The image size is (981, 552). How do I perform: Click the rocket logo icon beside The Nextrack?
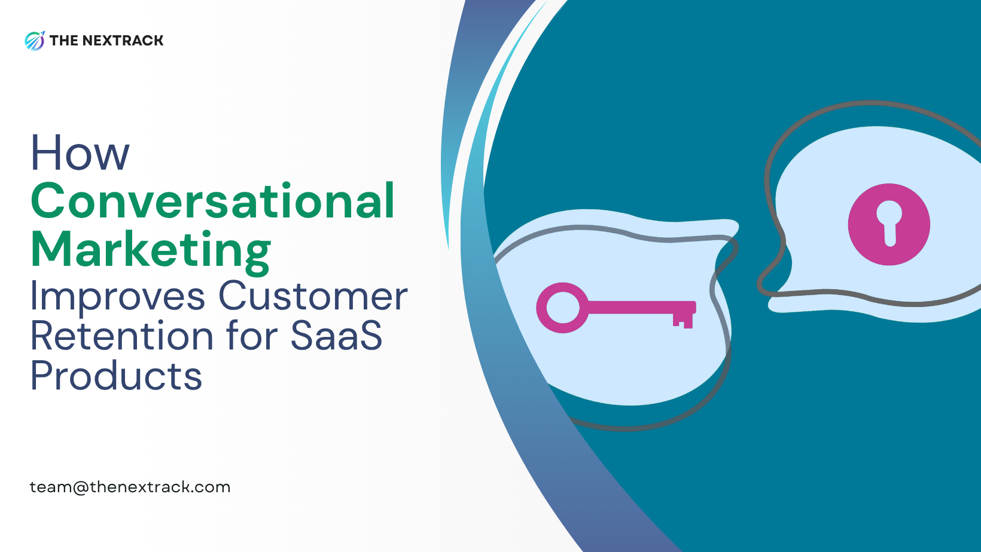pyautogui.click(x=35, y=41)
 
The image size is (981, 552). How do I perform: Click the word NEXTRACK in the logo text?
pyautogui.click(x=123, y=41)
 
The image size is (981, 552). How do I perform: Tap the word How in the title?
pyautogui.click(x=80, y=153)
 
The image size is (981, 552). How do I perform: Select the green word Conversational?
pyautogui.click(x=212, y=201)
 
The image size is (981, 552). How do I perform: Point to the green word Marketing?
pyautogui.click(x=151, y=250)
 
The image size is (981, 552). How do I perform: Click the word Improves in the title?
pyautogui.click(x=118, y=296)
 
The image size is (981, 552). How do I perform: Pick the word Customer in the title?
pyautogui.click(x=313, y=296)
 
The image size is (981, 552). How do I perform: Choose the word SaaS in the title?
pyautogui.click(x=336, y=336)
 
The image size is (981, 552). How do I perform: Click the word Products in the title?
pyautogui.click(x=116, y=376)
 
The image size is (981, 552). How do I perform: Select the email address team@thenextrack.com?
pyautogui.click(x=130, y=487)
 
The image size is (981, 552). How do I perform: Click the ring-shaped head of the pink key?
pyautogui.click(x=562, y=308)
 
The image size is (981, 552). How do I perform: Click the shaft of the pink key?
pyautogui.click(x=634, y=307)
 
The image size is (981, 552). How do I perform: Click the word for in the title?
pyautogui.click(x=254, y=336)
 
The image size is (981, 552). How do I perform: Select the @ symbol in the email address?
pyautogui.click(x=81, y=487)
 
